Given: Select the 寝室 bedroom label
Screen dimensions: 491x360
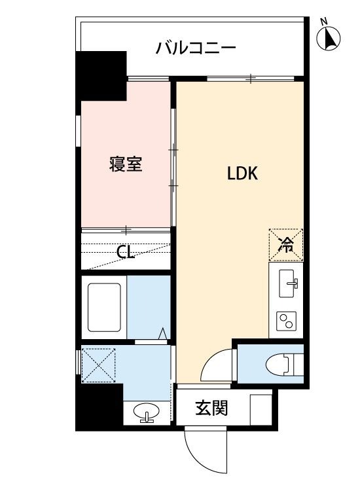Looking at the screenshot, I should tap(126, 164).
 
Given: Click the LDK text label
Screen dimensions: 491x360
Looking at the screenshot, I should tap(243, 173).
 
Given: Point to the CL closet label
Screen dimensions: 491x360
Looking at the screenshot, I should tap(126, 252).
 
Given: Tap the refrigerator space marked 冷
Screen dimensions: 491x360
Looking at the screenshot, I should tap(286, 245).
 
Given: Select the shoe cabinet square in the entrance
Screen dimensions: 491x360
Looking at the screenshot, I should tap(261, 409).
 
